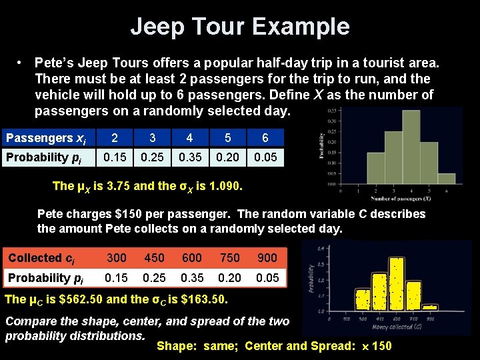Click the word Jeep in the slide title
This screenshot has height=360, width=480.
(155, 27)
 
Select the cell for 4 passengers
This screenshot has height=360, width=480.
(190, 138)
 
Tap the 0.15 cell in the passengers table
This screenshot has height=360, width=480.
(115, 158)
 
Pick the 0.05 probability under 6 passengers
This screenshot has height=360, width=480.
(265, 158)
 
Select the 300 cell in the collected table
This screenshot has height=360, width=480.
(117, 258)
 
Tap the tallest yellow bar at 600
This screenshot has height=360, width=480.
(397, 284)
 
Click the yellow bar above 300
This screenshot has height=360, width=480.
(363, 299)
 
